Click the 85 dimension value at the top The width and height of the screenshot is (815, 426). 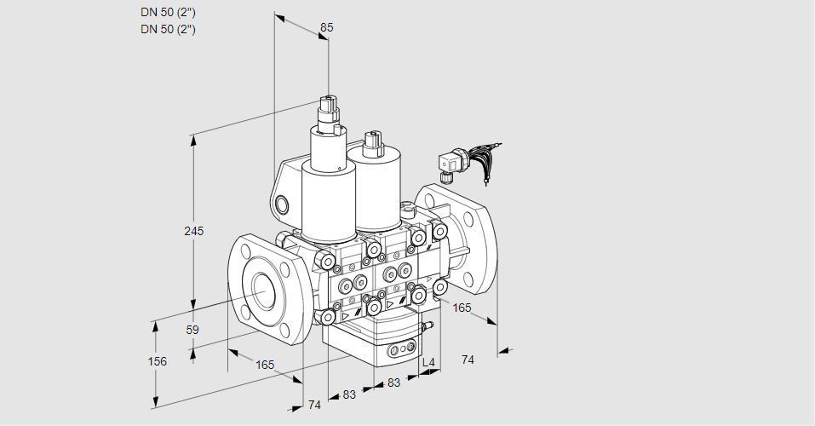coord(326,27)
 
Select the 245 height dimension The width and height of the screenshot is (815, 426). coord(194,231)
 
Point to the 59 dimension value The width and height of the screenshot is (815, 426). coord(192,330)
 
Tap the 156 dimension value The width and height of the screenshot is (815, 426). coord(157,361)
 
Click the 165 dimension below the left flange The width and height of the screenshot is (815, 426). coord(265,365)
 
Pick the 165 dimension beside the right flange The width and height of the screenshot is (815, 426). coord(462,307)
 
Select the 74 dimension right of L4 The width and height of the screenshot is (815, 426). coord(468,360)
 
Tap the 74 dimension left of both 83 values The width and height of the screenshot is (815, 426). coord(314,405)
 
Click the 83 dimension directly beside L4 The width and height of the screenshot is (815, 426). coord(393,383)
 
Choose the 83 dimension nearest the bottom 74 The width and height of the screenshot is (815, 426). coord(349,394)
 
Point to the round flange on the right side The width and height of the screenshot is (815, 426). coord(464,233)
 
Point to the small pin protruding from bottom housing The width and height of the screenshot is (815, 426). coord(429,325)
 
